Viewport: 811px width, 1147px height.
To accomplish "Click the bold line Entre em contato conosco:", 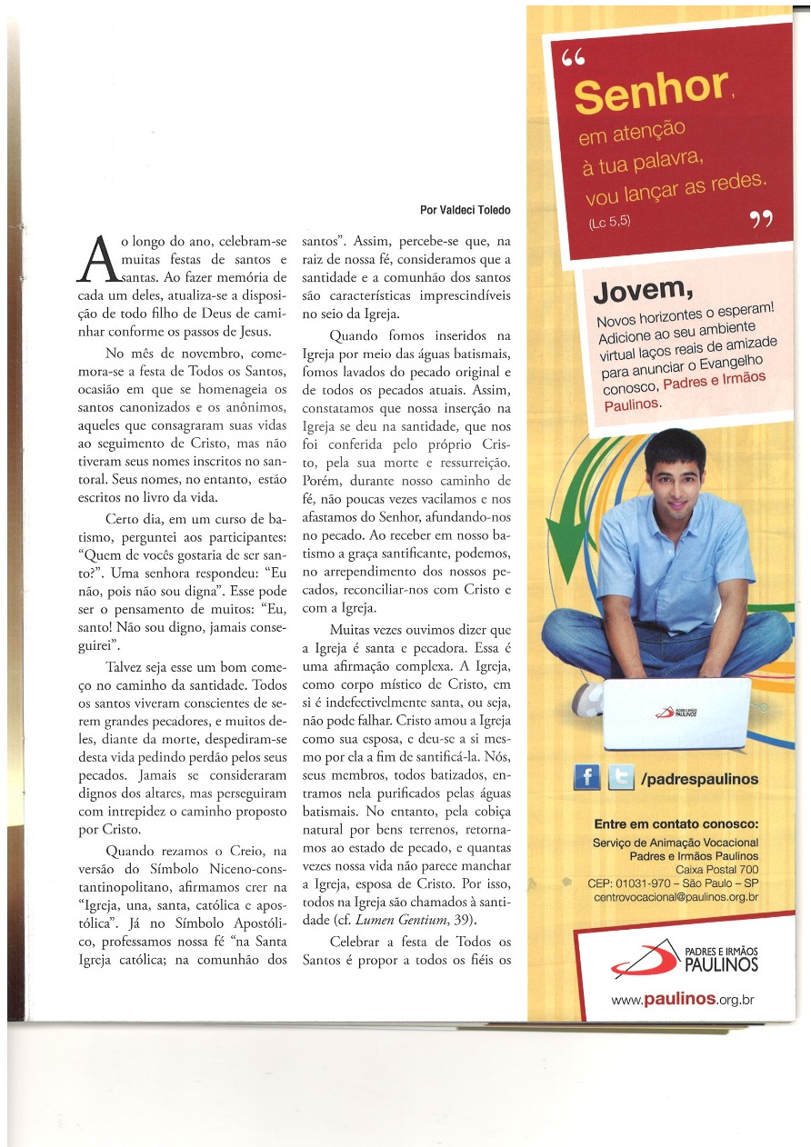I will pyautogui.click(x=676, y=824).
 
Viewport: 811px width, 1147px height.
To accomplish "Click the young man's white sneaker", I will pyautogui.click(x=588, y=700).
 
